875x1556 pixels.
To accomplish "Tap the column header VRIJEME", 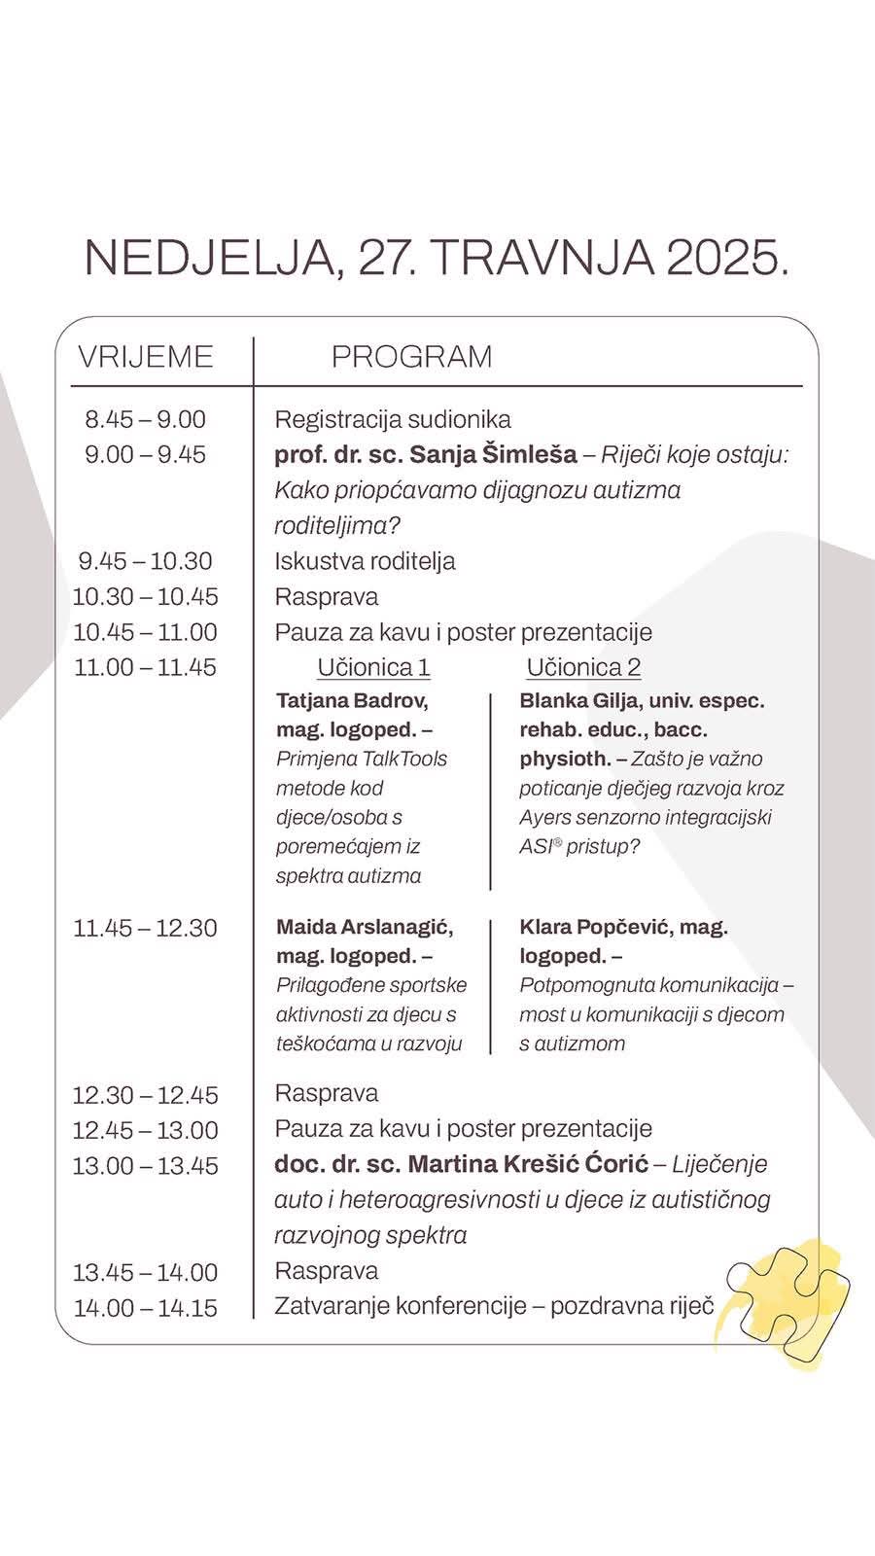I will (146, 357).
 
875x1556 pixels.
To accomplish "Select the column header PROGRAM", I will (411, 357).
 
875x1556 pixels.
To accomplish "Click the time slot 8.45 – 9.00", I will (146, 420).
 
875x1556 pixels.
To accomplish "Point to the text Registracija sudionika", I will (393, 420).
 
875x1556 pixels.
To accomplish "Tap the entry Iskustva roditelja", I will (365, 561).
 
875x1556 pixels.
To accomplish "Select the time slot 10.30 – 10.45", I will (146, 597).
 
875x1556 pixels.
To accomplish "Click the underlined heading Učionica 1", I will (373, 668).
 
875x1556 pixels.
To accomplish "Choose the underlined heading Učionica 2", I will (583, 668).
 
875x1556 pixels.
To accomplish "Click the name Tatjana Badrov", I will (352, 701).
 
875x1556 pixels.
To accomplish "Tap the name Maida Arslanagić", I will (365, 928).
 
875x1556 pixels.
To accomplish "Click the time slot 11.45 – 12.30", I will (146, 929).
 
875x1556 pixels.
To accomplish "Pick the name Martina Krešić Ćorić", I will (528, 1164).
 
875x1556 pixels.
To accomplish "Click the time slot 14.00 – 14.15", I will (146, 1308).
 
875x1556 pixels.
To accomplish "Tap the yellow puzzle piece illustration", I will (789, 1303).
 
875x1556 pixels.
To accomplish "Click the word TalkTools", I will (404, 760).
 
